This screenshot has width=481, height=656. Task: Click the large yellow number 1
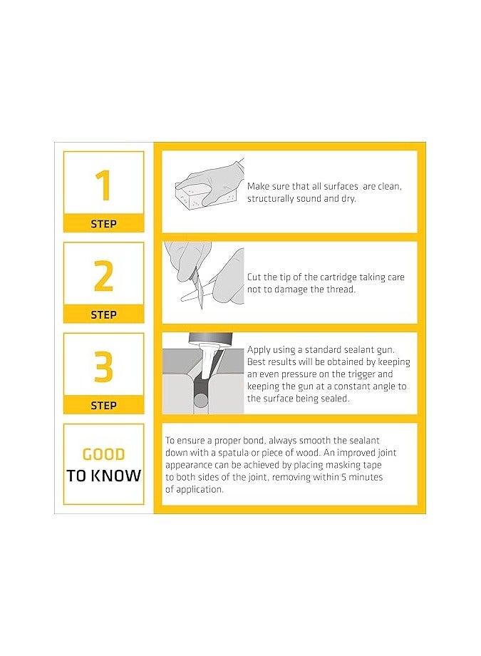(103, 185)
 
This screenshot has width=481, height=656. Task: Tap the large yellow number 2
(104, 275)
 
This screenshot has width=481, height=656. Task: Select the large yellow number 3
(104, 367)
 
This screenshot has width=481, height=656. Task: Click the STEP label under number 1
(104, 224)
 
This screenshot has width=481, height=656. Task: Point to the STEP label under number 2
(104, 314)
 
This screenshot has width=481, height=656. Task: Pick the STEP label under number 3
(104, 406)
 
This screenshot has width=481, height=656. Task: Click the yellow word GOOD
(104, 454)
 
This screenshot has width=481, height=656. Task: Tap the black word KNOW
(116, 476)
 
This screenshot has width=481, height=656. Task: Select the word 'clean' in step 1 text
(390, 187)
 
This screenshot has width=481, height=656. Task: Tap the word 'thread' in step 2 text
(341, 289)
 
